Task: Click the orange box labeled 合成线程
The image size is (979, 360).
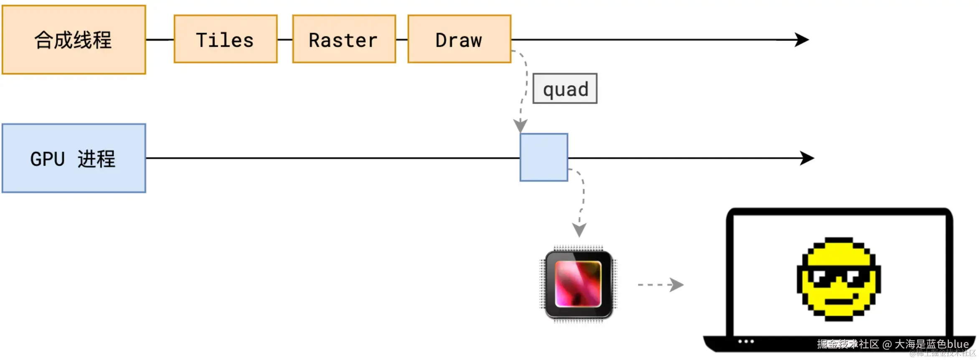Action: point(74,40)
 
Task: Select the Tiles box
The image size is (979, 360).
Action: point(226,39)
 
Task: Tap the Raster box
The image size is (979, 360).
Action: point(344,39)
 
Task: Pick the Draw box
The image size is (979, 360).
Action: point(459,39)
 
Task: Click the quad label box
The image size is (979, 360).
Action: point(565,89)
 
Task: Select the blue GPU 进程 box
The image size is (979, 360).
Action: point(74,158)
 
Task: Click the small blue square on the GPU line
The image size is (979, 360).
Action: point(543,157)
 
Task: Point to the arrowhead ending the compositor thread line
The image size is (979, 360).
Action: point(802,40)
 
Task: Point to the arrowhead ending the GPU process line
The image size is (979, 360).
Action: point(807,158)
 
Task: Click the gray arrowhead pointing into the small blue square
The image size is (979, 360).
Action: point(520,125)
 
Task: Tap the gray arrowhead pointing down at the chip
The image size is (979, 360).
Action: point(579,230)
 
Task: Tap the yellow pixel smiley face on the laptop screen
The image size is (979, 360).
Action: point(839,279)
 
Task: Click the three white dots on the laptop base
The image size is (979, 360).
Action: point(746,342)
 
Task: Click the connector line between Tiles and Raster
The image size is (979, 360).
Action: point(285,40)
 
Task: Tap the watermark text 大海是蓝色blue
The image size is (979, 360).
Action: point(931,344)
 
